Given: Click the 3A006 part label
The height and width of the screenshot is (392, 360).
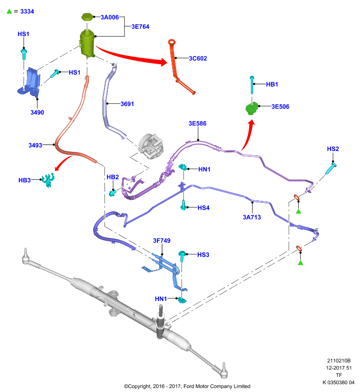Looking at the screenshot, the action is click(x=109, y=17).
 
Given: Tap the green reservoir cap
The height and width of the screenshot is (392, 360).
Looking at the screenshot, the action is click(x=87, y=17).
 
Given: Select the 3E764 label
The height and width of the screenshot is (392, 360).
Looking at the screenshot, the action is click(x=140, y=27).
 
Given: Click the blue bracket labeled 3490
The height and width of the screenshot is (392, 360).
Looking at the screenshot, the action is click(x=29, y=82).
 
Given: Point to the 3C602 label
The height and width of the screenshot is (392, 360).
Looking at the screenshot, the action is click(x=198, y=58).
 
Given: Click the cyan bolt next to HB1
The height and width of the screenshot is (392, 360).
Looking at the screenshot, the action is click(x=252, y=85).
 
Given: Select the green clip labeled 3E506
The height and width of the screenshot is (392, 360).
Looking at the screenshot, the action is click(x=252, y=108).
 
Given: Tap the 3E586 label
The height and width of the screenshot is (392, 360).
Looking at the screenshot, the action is click(x=197, y=123).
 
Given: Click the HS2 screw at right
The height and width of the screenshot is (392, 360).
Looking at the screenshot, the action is click(x=331, y=168).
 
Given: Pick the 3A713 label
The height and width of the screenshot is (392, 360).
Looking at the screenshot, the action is click(x=252, y=217).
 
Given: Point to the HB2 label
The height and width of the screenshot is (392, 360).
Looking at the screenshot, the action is click(x=113, y=177).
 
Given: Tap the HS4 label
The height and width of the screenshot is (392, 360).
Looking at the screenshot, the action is click(x=204, y=208).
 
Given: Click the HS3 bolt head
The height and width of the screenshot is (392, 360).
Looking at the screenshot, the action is click(x=182, y=254).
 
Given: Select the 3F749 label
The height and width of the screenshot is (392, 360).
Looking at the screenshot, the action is click(x=162, y=241).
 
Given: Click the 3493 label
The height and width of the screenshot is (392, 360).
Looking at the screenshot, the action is click(x=35, y=145).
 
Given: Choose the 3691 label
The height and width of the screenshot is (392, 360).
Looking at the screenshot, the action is click(x=127, y=104).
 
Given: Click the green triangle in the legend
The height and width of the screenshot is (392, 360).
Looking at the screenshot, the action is click(x=9, y=11).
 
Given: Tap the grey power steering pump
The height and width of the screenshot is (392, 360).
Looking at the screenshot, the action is click(x=151, y=146).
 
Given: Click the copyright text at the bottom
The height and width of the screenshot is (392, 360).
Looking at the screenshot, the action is click(x=187, y=386).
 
